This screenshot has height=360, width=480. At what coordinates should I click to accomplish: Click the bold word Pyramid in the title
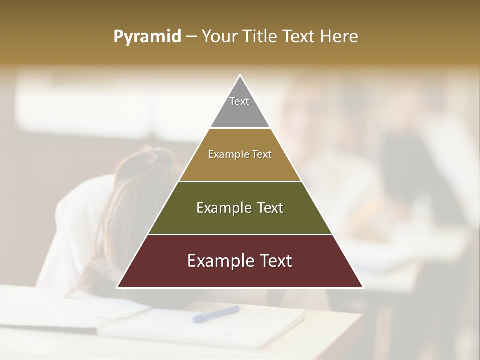pos(147,37)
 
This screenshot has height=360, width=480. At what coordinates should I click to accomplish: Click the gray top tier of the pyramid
pos(240,112)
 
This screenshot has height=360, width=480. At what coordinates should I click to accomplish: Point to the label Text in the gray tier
pos(239,101)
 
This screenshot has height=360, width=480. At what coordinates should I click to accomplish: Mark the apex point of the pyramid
pos(240,75)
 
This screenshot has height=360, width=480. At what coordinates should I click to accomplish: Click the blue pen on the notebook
pos(216,314)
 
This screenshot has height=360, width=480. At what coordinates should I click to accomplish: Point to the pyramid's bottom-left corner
pos(117,287)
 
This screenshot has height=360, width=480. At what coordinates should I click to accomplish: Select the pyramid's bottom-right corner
pos(363,287)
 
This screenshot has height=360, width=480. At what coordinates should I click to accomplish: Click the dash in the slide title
pos(191,37)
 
